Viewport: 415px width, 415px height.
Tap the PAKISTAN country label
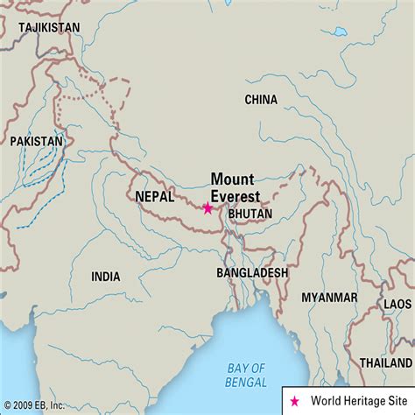pos(36,140)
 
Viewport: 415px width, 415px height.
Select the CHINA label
pos(261,100)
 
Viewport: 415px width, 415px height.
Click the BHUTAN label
pos(250,213)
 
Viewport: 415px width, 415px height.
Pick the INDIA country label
pos(105,277)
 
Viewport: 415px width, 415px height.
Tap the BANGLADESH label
pos(252,273)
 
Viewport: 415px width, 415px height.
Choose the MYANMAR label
pos(329,298)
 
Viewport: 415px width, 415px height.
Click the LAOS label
pos(397,304)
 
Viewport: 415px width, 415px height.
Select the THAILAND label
pos(385,362)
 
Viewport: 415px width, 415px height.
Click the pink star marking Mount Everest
pos(207,208)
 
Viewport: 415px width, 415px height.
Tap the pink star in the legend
pos(295,401)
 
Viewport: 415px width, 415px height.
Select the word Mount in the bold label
pos(232,179)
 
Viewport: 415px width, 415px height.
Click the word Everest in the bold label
pos(236,195)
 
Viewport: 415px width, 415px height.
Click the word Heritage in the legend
pos(362,401)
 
